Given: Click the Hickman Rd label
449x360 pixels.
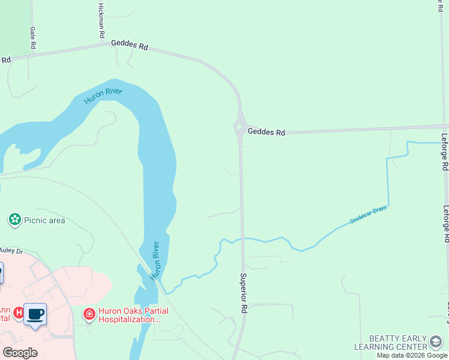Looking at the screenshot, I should [x=100, y=19].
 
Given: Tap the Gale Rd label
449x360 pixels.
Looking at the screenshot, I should [x=33, y=37].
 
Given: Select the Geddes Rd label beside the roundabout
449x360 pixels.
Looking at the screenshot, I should [x=266, y=131].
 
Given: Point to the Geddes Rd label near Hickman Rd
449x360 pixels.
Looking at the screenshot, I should [x=129, y=46].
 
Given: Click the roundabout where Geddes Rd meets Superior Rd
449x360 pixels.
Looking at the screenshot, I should [x=239, y=127].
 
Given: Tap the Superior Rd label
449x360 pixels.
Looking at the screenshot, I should [x=244, y=293].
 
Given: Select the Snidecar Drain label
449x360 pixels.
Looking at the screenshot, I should [x=369, y=215].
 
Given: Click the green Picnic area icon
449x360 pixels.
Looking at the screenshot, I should [x=14, y=220].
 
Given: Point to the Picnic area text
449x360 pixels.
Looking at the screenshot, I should [x=44, y=220].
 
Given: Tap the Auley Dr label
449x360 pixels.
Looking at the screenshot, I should [x=10, y=250].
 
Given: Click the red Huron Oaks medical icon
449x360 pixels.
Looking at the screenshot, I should [x=89, y=314].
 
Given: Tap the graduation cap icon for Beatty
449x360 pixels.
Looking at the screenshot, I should [x=436, y=343].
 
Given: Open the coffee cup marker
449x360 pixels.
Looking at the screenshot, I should [x=35, y=314].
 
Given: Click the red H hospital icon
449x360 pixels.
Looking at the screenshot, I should [x=19, y=313].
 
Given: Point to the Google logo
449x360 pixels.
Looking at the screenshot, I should [x=20, y=352].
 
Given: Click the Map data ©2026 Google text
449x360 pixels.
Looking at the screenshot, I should [x=412, y=355].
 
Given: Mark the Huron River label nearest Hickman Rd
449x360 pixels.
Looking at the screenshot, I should [x=103, y=95].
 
